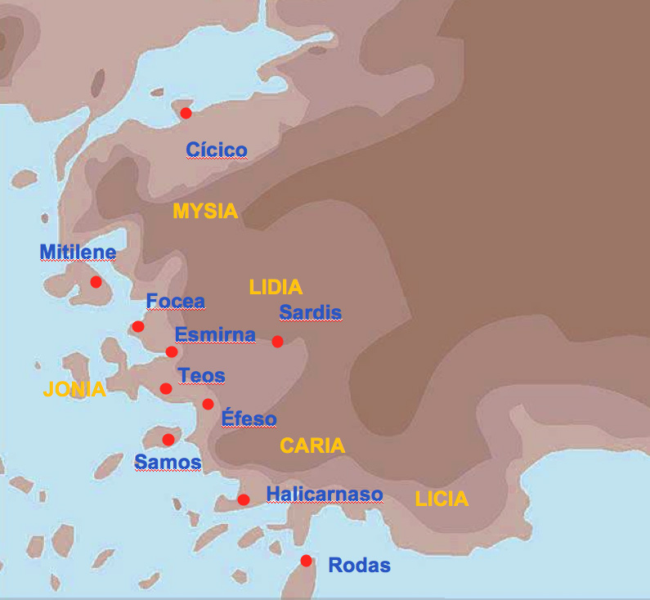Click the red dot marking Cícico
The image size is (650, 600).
pos(186,113)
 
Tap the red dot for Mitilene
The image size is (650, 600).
pos(96,282)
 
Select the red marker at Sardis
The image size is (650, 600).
pos(277,342)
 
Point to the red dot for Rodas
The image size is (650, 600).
pos(306,561)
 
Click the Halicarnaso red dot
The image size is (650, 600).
pos(244,499)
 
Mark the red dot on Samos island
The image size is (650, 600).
pos(168,440)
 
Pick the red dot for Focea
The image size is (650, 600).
pos(138,327)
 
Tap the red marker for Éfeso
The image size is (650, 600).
pos(208,404)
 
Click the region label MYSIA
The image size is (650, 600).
pos(205,212)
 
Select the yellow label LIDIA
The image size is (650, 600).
pos(276,288)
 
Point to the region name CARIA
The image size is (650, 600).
pos(312,446)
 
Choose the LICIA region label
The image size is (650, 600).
pos(442,499)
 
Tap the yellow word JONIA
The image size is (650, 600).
pos(74,390)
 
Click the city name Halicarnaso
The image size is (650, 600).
pos(325,495)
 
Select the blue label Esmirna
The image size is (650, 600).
pos(215,335)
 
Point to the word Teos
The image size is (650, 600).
pos(201,376)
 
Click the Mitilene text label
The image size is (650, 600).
pos(78,252)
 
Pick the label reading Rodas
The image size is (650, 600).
pos(359,566)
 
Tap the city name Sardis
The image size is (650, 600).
pos(310,313)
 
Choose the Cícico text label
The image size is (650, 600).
pos(217,150)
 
